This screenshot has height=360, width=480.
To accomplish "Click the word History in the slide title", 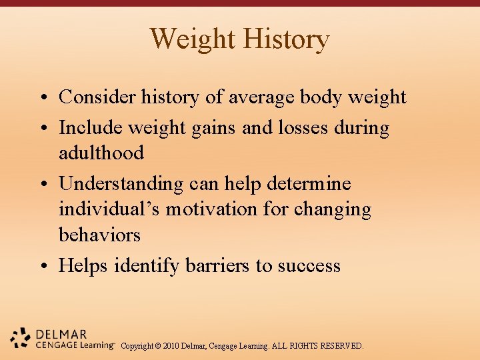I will click(286, 39).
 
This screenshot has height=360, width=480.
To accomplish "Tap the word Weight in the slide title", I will click(193, 39).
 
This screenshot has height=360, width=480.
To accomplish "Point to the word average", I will click(261, 97).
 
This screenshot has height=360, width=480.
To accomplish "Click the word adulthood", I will click(101, 153).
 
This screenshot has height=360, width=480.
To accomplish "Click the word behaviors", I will click(99, 235).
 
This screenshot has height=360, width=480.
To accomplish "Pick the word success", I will click(309, 266).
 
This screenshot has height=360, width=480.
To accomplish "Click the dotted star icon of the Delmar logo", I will click(21, 338).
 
